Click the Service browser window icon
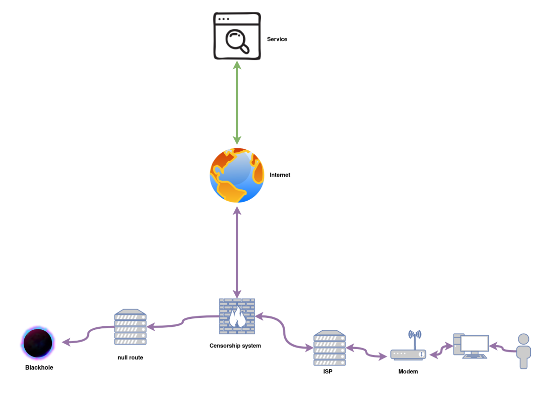[x=237, y=36]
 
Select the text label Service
[x=277, y=39]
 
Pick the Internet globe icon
[x=237, y=175]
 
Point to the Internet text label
[x=280, y=175]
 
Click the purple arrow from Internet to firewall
[x=237, y=252]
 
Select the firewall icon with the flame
[x=237, y=316]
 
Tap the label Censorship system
[x=235, y=346]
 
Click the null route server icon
[x=130, y=327]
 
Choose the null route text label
[x=130, y=357]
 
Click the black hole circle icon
[x=38, y=342]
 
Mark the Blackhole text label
[x=39, y=368]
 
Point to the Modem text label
[x=408, y=372]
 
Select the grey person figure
[x=523, y=351]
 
